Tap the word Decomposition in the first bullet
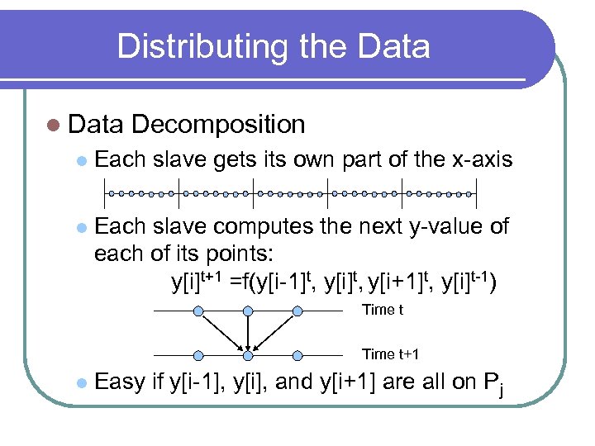(x=218, y=125)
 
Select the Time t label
(x=383, y=311)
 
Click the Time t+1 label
(x=390, y=354)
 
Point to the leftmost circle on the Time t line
(x=198, y=311)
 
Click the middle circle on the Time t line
(x=248, y=311)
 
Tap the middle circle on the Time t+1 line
(x=248, y=355)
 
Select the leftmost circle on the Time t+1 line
(x=198, y=355)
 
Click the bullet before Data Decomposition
(x=54, y=126)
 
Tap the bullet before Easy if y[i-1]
(x=80, y=383)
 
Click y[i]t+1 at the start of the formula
(x=196, y=282)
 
